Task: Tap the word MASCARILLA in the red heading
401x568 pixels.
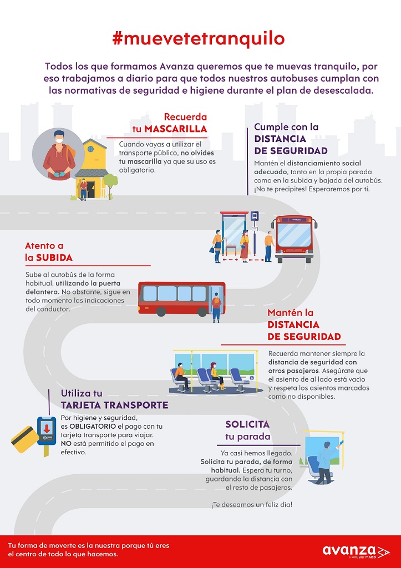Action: (x=176, y=129)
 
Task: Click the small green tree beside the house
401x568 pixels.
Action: (x=110, y=185)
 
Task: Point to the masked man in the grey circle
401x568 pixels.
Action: (x=59, y=155)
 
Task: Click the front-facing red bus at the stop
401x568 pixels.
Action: (x=294, y=239)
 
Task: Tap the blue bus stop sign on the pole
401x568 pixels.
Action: (x=255, y=216)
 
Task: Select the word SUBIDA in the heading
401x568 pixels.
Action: (x=54, y=257)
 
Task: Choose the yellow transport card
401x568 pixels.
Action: (x=25, y=439)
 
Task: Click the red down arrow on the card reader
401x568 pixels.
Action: (x=47, y=428)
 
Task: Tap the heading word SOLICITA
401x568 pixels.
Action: (x=247, y=424)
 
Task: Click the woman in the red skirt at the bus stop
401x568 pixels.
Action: (x=245, y=246)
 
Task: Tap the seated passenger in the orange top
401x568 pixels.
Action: (x=181, y=377)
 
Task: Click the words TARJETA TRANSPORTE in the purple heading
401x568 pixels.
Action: (x=114, y=405)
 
